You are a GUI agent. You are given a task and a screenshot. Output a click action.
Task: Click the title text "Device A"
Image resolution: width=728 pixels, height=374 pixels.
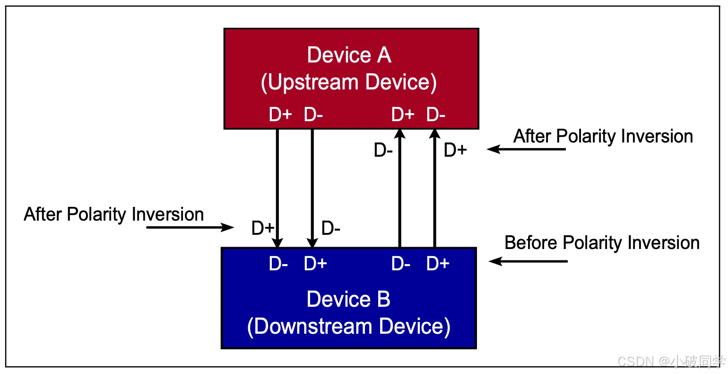tap(349, 55)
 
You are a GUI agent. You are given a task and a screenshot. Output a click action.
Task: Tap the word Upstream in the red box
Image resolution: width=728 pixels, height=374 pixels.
tap(313, 82)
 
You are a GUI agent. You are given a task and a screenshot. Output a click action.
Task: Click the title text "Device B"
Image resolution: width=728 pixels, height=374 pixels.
tap(348, 299)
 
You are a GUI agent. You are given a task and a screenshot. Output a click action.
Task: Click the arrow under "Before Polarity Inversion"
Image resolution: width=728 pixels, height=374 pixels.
tap(528, 261)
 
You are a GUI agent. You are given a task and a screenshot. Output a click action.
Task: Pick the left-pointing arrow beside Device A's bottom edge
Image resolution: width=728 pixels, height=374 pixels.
tap(526, 150)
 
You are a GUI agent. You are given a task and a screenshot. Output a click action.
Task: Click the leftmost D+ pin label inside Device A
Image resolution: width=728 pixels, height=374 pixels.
tap(280, 115)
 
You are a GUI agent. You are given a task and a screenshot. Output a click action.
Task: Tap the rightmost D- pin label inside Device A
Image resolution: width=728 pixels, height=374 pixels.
tap(436, 115)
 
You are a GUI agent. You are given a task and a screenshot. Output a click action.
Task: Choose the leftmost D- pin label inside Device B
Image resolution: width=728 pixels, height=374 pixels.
tap(278, 264)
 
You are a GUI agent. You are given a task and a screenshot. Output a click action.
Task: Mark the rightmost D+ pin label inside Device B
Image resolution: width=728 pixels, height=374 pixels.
tap(437, 264)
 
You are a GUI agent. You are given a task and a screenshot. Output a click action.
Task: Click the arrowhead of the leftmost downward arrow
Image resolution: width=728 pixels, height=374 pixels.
tap(277, 242)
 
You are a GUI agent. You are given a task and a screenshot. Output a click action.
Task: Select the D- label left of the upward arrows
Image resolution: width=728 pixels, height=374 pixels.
tap(383, 151)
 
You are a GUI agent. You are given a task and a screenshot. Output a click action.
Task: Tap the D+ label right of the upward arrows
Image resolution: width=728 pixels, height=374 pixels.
tap(455, 151)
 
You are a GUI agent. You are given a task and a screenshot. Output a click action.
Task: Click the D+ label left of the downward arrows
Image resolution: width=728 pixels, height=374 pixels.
tap(263, 229)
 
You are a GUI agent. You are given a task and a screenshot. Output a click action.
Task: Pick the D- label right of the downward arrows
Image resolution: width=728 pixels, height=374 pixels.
tap(331, 229)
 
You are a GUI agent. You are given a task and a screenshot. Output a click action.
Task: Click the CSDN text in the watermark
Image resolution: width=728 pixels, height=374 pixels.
tap(635, 361)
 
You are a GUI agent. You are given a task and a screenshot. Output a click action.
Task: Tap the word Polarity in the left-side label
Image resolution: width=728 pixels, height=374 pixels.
tap(97, 214)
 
